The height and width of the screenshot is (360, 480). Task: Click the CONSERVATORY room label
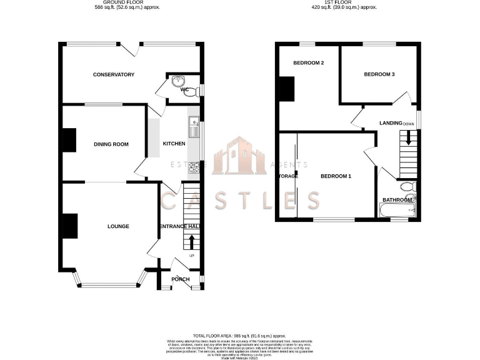click(x=114, y=75)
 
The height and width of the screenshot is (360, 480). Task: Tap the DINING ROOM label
click(x=111, y=144)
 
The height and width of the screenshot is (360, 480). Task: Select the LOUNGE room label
click(x=118, y=226)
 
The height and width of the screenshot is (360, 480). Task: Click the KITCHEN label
click(x=174, y=144)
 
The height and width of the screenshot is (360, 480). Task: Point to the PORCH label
click(x=180, y=279)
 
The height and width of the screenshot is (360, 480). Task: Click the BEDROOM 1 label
click(x=336, y=176)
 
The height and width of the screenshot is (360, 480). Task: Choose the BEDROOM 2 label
click(x=308, y=62)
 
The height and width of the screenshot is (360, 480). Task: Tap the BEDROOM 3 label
click(x=379, y=74)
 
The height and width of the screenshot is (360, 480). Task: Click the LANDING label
click(x=391, y=123)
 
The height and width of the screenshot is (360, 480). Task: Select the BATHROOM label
click(x=397, y=200)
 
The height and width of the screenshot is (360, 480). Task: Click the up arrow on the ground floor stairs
click(x=191, y=241)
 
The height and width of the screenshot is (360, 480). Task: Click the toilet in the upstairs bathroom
click(x=407, y=187)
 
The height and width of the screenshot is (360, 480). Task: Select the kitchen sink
click(x=192, y=128)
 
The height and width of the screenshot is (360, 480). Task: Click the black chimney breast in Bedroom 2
click(x=286, y=89)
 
